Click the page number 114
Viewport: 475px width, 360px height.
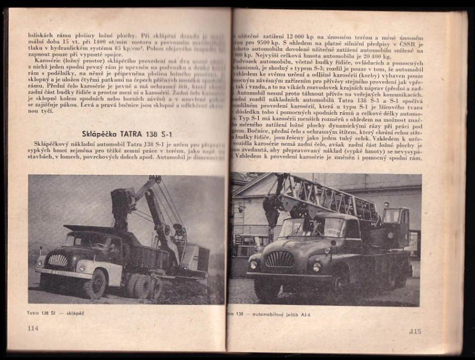coord(33,328)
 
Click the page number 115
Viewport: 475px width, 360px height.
coord(415,330)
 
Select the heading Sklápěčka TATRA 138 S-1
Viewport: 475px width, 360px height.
coord(126,134)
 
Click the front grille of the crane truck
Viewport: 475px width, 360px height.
coord(280,259)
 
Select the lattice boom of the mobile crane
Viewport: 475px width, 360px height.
coord(330,198)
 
